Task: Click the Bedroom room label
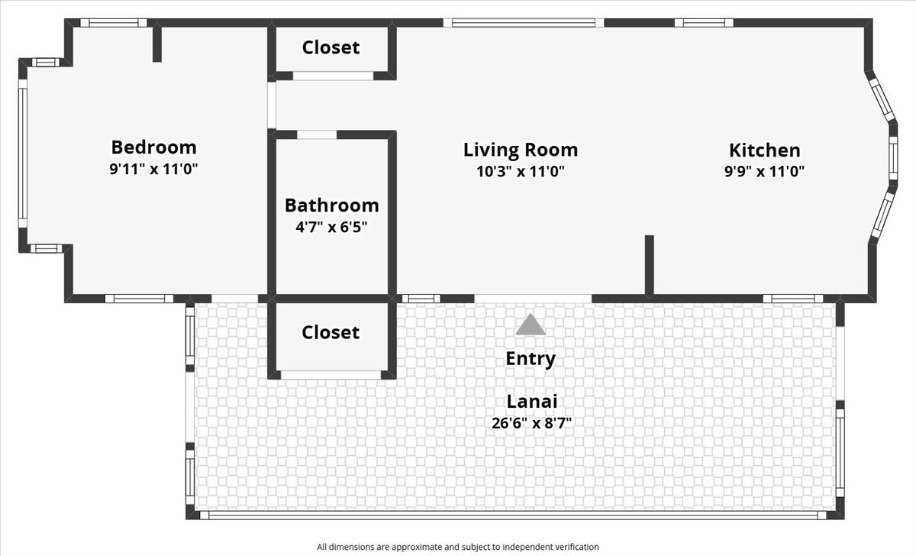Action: tap(153, 147)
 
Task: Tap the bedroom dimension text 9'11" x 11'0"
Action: tap(153, 169)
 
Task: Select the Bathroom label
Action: tap(331, 205)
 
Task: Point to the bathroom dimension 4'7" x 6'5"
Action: tap(331, 227)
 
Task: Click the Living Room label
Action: tap(521, 150)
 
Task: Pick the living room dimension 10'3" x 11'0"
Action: tap(521, 171)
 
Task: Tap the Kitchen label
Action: tap(765, 150)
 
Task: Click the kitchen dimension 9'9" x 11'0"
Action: tap(765, 171)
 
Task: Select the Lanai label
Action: tap(532, 402)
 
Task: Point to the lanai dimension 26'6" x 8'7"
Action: tap(531, 422)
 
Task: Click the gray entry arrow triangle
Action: tap(531, 325)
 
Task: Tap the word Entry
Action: tap(531, 359)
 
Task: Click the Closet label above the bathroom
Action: tap(331, 47)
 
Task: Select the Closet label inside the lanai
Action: tap(331, 332)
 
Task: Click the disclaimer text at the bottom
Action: tap(458, 547)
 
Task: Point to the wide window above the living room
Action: tap(524, 22)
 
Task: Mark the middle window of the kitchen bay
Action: tap(894, 158)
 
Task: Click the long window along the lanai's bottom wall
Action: tap(513, 515)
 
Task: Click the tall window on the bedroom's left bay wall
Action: tap(23, 154)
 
